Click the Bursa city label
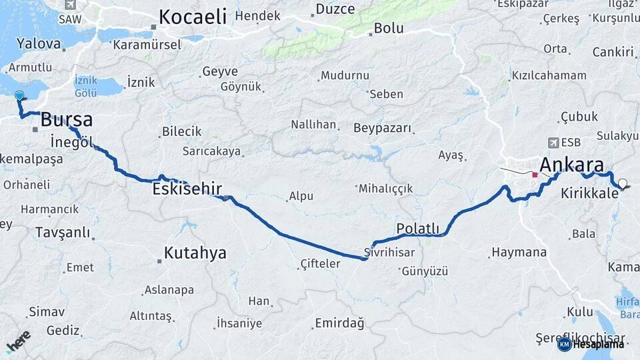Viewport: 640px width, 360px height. (67, 120)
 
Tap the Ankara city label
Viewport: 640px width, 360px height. (571, 165)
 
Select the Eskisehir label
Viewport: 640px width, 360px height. (187, 189)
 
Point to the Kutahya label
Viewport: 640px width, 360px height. (195, 253)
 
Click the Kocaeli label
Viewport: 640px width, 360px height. (193, 17)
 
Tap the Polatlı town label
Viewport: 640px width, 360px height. (418, 229)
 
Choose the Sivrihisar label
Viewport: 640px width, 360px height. (390, 253)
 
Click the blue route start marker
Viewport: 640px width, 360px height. (19, 96)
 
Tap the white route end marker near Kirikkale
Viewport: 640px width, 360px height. (623, 183)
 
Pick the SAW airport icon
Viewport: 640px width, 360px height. (69, 5)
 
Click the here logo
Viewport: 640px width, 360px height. (18, 340)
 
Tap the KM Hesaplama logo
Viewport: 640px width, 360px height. (592, 344)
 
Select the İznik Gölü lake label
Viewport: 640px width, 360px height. (85, 86)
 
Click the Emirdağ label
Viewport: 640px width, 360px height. (339, 324)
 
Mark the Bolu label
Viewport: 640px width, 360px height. (389, 29)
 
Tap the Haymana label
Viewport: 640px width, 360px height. (519, 253)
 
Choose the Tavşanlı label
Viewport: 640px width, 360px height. (62, 233)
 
